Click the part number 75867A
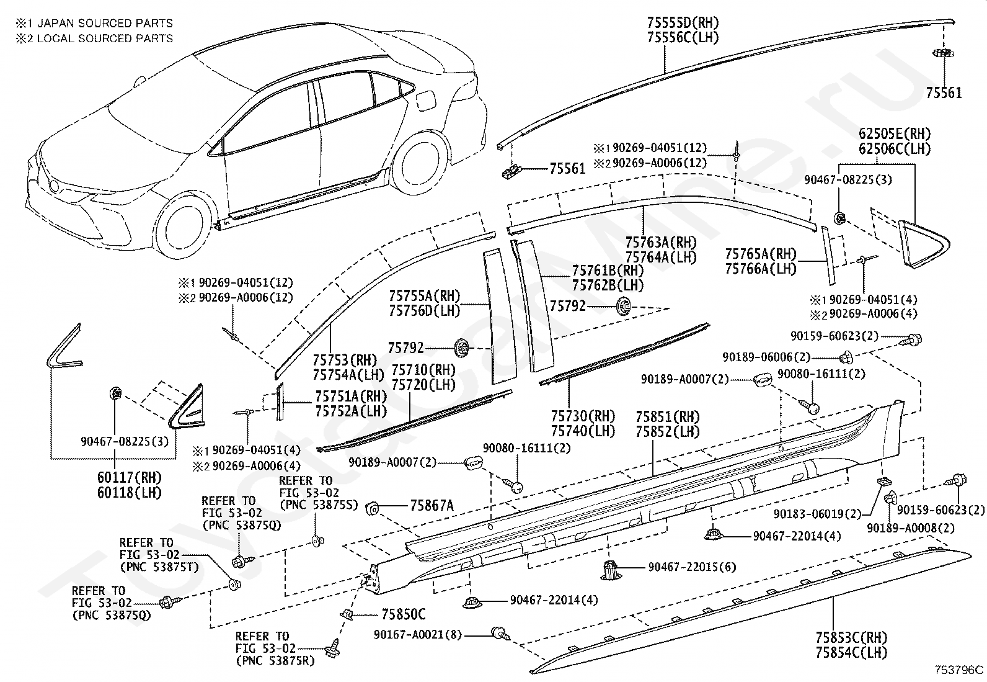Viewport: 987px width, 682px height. (432, 506)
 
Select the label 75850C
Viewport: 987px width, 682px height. (403, 614)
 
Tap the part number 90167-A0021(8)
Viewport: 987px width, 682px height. (417, 634)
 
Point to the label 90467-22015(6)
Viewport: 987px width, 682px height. (692, 567)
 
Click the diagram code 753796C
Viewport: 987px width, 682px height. (959, 670)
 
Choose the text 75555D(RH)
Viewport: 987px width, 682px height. (683, 22)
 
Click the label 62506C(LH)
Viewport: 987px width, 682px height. (895, 149)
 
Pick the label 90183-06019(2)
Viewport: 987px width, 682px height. (817, 514)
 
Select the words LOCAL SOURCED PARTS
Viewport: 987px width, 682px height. (105, 38)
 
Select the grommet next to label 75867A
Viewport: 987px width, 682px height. (373, 509)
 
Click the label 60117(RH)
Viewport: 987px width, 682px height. (130, 477)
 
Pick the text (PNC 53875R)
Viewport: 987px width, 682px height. (275, 660)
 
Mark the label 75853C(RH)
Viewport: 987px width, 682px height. (851, 637)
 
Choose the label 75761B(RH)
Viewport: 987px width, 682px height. (608, 270)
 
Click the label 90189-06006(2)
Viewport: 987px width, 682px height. (766, 357)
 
